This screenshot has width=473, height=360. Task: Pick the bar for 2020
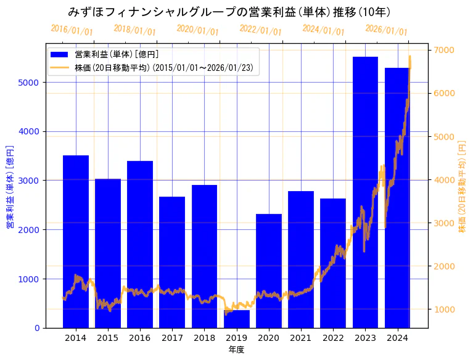[269, 271]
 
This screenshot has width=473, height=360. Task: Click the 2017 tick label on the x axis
[172, 338]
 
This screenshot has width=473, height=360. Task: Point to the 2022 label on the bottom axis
[333, 338]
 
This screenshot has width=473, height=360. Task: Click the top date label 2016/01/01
[72, 30]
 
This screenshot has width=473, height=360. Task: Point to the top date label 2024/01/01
[323, 30]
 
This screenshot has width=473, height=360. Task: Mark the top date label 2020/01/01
[197, 30]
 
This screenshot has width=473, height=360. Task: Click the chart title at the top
[229, 12]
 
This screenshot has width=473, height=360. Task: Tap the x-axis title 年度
[236, 350]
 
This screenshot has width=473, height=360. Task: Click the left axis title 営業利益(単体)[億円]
[10, 187]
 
